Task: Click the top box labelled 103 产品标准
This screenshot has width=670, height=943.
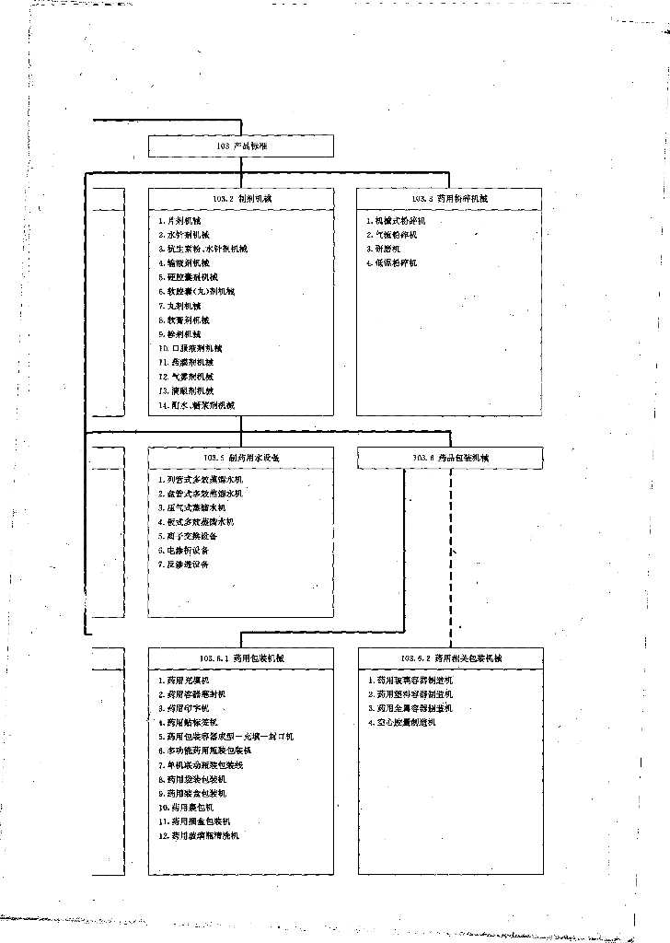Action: click(241, 146)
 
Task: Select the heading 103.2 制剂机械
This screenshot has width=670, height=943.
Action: click(242, 199)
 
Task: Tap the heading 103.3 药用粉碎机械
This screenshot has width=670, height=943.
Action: click(449, 199)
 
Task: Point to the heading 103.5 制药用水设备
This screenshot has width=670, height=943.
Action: click(242, 458)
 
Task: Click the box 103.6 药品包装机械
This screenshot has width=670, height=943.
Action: click(450, 458)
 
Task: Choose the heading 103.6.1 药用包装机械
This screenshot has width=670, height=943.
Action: click(242, 658)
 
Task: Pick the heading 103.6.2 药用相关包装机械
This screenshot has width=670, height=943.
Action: click(450, 658)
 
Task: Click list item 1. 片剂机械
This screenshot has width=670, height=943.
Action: click(179, 221)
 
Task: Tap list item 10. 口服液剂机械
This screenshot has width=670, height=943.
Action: click(191, 348)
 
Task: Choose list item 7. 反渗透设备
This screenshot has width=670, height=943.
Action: click(183, 565)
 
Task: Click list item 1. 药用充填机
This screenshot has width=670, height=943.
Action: click(183, 680)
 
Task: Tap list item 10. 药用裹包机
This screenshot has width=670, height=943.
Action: click(185, 807)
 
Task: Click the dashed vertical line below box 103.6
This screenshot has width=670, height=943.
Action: click(450, 553)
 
